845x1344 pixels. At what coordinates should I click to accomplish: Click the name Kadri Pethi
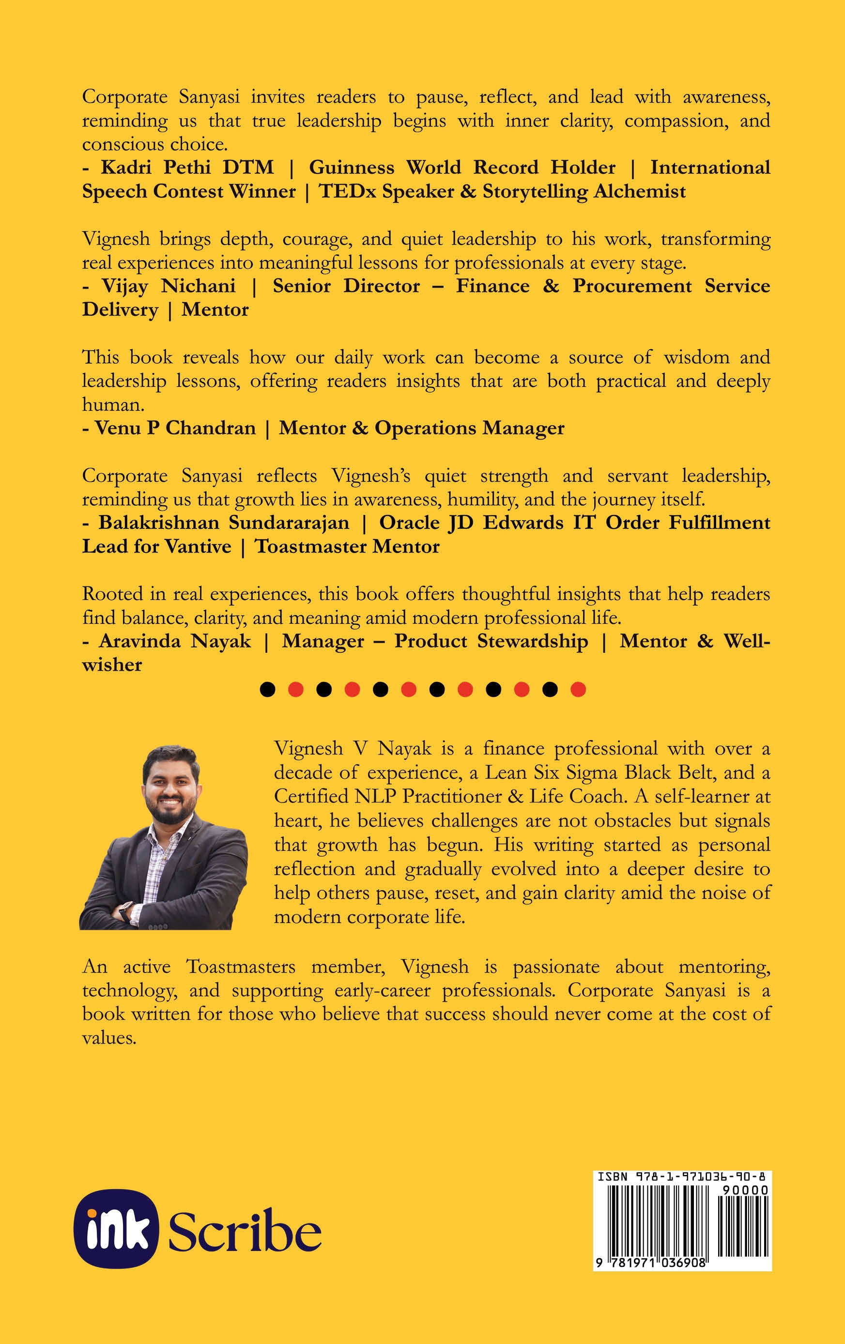pos(156,168)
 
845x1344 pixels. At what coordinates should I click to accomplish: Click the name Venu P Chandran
pos(175,428)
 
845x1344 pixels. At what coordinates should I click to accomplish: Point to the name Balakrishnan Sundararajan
pos(224,523)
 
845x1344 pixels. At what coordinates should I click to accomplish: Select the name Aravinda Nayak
pos(175,641)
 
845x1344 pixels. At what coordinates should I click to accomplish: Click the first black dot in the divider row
pos(268,690)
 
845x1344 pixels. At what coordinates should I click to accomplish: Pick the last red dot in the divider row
pos(578,690)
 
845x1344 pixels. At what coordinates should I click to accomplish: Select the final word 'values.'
pos(109,1038)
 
